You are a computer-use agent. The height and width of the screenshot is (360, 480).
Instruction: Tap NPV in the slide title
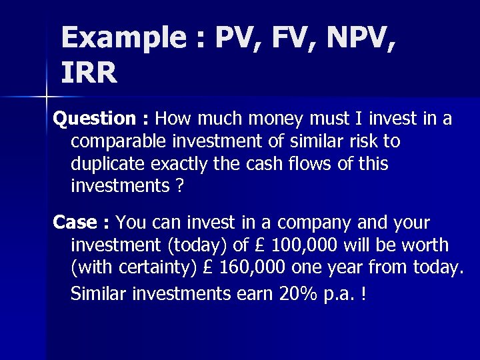click(x=349, y=38)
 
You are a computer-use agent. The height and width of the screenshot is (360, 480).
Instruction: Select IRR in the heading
click(x=89, y=73)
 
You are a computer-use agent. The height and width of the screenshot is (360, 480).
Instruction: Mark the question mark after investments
click(x=179, y=187)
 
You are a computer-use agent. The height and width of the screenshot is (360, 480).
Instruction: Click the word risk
click(x=361, y=142)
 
